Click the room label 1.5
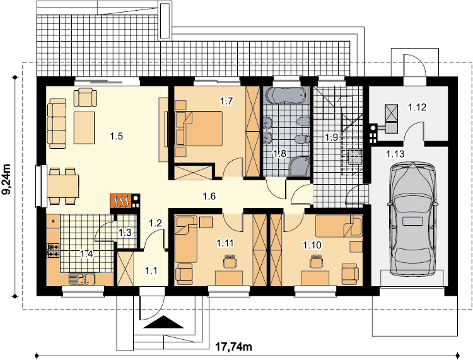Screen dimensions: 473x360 [117, 136]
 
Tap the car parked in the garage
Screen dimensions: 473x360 [412, 219]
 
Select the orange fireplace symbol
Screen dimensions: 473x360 [120, 200]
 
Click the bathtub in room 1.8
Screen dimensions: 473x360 [286, 96]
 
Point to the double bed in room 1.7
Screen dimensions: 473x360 [199, 129]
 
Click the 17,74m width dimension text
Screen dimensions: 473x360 [234, 347]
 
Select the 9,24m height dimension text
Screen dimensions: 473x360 [6, 180]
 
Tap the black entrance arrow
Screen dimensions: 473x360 [163, 322]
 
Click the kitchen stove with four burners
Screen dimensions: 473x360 [53, 250]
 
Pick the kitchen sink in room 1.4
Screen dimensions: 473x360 [82, 279]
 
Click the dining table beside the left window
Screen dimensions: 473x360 [62, 187]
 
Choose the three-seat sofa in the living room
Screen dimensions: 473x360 [57, 124]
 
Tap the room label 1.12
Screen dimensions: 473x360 [418, 107]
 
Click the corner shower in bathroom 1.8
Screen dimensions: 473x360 [300, 166]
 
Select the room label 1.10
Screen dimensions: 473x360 [312, 245]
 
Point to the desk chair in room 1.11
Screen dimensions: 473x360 [230, 261]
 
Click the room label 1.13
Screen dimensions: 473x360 [395, 154]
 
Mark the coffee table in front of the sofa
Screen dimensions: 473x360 [85, 127]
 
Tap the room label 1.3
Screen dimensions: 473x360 [125, 233]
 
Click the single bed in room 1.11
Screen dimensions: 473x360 [185, 239]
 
